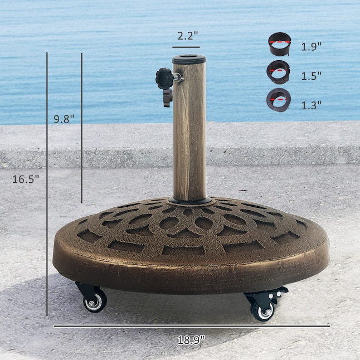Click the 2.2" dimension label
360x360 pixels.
[187, 36]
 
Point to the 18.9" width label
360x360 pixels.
[191, 339]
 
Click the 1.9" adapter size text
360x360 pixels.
[312, 47]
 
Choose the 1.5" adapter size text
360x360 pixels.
[312, 75]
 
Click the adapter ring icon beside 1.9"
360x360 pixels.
[280, 44]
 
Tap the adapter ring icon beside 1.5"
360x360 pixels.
[278, 71]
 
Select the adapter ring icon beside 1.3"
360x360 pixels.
[278, 100]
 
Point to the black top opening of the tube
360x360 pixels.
[188, 58]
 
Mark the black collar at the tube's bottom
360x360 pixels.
[189, 200]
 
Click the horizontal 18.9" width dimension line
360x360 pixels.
[191, 326]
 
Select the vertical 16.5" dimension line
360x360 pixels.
[47, 184]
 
